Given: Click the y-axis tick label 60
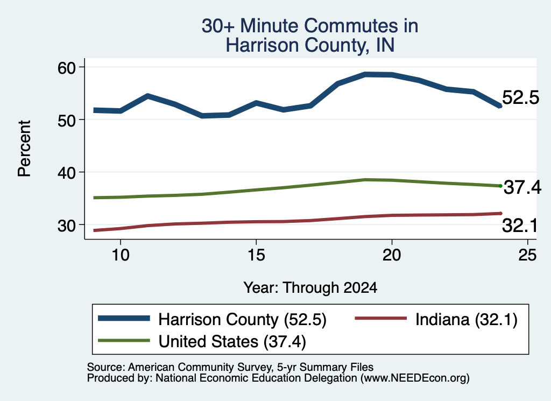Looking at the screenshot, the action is pyautogui.click(x=67, y=68).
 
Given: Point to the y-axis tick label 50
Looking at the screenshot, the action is pyautogui.click(x=67, y=121).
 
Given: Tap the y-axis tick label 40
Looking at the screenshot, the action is pyautogui.click(x=67, y=173).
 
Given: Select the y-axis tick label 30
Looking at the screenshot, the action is pyautogui.click(x=67, y=226).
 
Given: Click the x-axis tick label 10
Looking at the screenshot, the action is pyautogui.click(x=121, y=255).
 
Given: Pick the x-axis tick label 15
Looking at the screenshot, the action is pyautogui.click(x=256, y=255).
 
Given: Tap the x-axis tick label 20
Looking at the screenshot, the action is pyautogui.click(x=392, y=255).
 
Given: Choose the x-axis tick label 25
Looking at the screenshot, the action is pyautogui.click(x=527, y=255).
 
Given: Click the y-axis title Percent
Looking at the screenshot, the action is pyautogui.click(x=25, y=149).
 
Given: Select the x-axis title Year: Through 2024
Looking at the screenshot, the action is pyautogui.click(x=310, y=287).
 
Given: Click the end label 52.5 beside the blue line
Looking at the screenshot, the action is pyautogui.click(x=520, y=97).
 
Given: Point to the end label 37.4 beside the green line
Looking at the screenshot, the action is pyautogui.click(x=522, y=187).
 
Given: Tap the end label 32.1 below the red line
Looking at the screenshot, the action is pyautogui.click(x=520, y=226).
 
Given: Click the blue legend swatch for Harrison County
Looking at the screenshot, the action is pyautogui.click(x=124, y=319).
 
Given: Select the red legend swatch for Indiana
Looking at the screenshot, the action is pyautogui.click(x=381, y=319).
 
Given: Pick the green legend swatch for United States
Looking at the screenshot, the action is pyautogui.click(x=124, y=341).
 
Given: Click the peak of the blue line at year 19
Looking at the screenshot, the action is pyautogui.click(x=365, y=74).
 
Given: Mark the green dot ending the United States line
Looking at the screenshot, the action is pyautogui.click(x=500, y=186).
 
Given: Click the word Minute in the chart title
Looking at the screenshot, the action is pyautogui.click(x=270, y=26).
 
